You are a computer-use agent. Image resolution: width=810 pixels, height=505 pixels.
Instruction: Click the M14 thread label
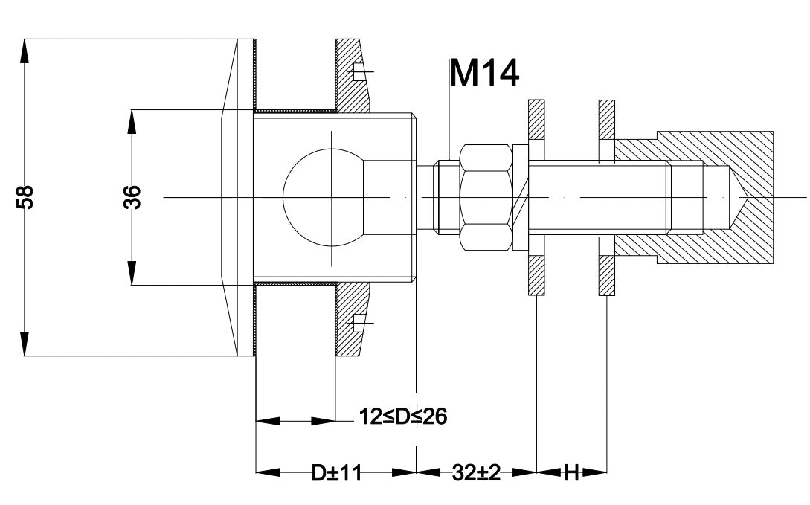[x=484, y=73]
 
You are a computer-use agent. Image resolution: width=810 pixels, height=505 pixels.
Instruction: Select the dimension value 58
[x=25, y=197]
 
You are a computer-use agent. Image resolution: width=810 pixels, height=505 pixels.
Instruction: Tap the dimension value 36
[x=132, y=197]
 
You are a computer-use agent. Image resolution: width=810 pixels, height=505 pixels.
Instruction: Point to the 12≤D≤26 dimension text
[x=403, y=416]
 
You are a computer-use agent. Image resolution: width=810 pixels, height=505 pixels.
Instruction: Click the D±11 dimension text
[x=336, y=472]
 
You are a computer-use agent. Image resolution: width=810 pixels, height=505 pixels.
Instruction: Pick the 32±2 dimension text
[x=476, y=472]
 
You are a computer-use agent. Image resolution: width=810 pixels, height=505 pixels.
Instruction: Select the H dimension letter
[x=571, y=472]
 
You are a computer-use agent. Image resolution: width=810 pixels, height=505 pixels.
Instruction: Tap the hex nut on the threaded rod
[x=486, y=197]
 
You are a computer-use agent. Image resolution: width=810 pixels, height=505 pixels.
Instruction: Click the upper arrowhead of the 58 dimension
[x=25, y=51]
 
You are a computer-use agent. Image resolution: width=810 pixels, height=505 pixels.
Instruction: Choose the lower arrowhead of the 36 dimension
[x=132, y=273]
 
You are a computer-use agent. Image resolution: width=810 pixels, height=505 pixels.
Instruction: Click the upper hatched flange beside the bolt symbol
[x=353, y=75]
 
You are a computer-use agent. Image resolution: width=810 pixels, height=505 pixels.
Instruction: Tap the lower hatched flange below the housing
[x=353, y=319]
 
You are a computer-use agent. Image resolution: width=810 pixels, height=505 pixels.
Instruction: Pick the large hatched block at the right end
[x=715, y=197]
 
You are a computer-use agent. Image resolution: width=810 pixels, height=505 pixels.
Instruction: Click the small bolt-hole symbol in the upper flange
[x=361, y=72]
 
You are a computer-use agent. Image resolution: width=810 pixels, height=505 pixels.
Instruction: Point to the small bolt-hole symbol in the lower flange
[x=361, y=323]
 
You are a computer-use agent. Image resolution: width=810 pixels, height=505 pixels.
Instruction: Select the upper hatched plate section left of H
[x=536, y=119]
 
